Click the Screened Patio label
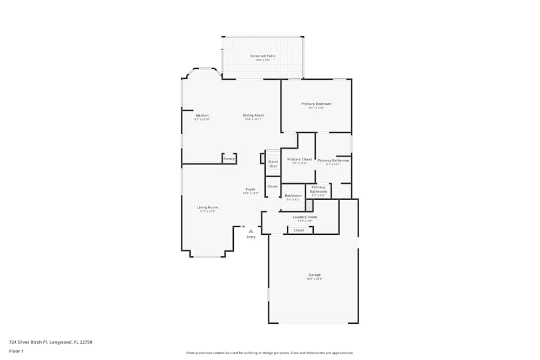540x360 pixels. point(260,56)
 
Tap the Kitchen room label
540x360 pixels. point(202,116)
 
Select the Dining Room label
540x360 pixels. point(253,115)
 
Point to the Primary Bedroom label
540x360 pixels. point(316,104)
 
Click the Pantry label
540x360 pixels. point(229,159)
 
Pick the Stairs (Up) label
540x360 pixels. point(273,164)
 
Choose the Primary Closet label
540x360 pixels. point(299,159)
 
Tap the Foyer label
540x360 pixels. point(251,189)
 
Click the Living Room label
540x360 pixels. point(207,207)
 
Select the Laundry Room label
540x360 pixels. point(305,217)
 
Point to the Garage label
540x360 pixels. point(314,275)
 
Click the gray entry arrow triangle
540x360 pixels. point(251,231)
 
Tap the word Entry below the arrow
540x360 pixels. point(251,237)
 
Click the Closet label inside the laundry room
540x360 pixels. point(299,230)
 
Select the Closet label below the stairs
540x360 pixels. point(272,186)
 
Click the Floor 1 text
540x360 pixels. point(16,351)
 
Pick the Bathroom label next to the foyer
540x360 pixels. point(293,195)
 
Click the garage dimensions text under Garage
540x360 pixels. point(314,279)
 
